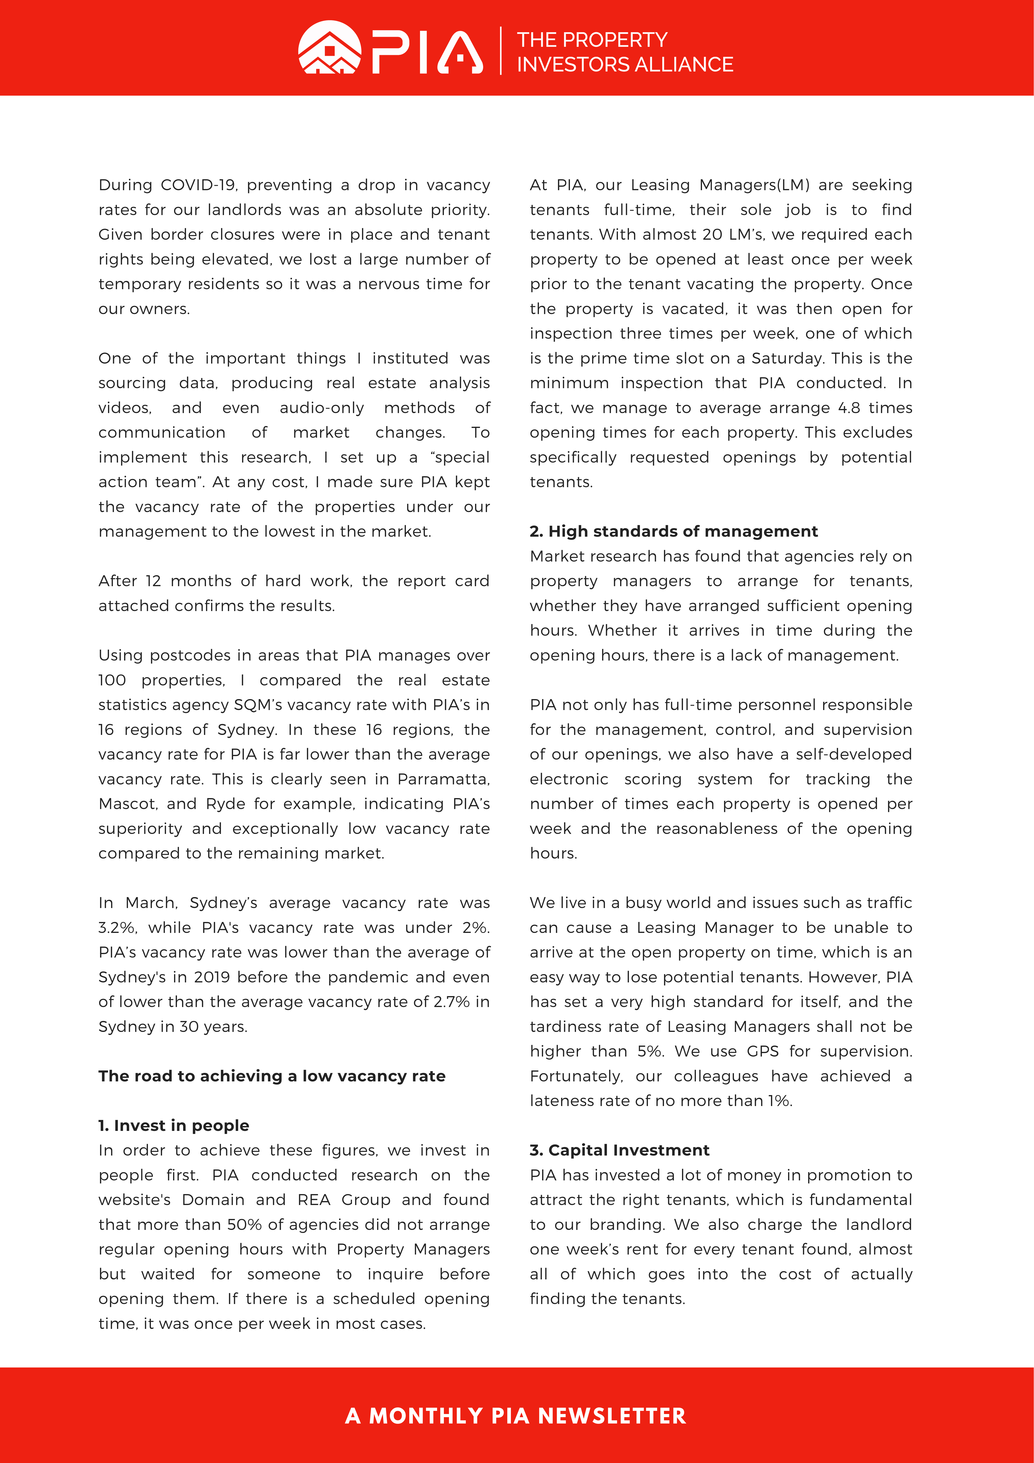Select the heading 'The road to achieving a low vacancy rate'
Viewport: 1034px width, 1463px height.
pyautogui.click(x=272, y=1076)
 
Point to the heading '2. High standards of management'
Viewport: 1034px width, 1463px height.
pyautogui.click(x=673, y=531)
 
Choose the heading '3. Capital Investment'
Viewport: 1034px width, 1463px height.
pyautogui.click(x=619, y=1150)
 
